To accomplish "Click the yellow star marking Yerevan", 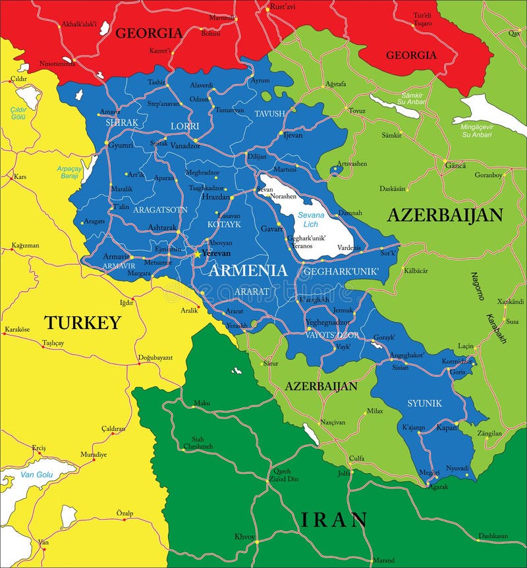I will click(x=196, y=253).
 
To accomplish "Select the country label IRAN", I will click(x=334, y=519).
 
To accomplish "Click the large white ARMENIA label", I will click(x=248, y=270).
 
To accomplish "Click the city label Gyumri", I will click(x=121, y=145).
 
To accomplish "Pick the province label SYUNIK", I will click(x=424, y=403).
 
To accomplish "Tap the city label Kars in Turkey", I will click(x=20, y=177).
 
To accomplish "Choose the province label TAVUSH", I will click(x=270, y=114).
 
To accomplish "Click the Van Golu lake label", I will click(x=36, y=475).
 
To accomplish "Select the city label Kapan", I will click(x=447, y=427).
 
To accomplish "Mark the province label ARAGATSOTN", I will click(x=160, y=209).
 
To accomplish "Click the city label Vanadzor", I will click(x=184, y=145).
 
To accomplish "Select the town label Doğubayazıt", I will click(x=155, y=357).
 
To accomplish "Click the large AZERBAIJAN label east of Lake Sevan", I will click(x=445, y=215).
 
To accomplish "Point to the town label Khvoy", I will click(x=244, y=536).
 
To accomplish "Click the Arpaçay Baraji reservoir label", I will click(x=68, y=172).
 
